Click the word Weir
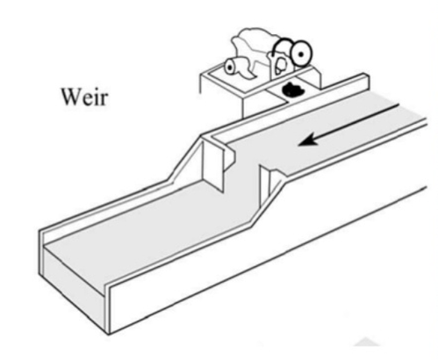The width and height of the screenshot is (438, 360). [84, 97]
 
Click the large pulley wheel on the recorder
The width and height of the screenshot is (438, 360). [301, 54]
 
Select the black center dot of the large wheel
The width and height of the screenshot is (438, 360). [301, 54]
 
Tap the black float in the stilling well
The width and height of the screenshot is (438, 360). [293, 90]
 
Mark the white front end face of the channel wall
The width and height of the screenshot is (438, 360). [107, 310]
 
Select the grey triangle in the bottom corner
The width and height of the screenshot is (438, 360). [367, 342]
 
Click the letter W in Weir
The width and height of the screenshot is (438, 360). [71, 97]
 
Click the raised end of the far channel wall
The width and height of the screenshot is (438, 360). [365, 82]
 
